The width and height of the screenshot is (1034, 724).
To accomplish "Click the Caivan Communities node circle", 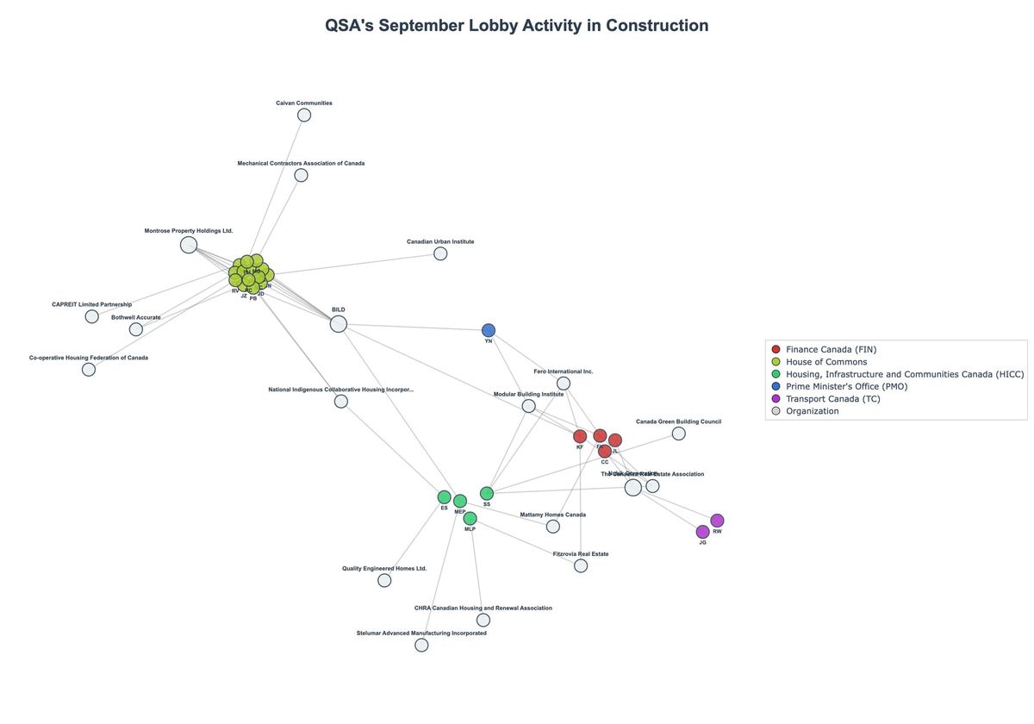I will tap(304, 115).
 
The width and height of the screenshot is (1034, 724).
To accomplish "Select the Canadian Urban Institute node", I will tap(440, 253).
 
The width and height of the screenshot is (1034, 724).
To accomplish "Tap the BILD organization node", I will tap(339, 324).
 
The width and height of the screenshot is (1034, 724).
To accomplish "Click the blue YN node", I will tap(489, 330).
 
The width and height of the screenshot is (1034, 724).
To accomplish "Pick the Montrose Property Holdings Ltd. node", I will tap(189, 245).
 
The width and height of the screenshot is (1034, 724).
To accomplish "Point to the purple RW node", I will tap(717, 521).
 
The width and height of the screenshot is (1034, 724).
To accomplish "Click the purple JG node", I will tap(703, 532).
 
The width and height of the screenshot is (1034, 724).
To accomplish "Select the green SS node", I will tap(487, 493).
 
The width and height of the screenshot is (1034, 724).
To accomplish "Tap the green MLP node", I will tap(470, 518).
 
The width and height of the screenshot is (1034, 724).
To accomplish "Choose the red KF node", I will tap(580, 436).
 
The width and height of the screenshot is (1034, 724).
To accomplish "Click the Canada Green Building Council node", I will tap(679, 434).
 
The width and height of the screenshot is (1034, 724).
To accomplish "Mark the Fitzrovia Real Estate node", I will tap(581, 565).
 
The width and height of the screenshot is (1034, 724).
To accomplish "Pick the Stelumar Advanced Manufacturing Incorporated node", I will tap(421, 645).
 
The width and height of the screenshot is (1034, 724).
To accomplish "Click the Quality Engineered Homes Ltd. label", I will tap(384, 569).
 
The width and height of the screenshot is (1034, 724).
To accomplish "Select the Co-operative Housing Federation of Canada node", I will tap(89, 370).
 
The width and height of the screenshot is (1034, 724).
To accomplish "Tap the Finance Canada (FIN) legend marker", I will tap(775, 350).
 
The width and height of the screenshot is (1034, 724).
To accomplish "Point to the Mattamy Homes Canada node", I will tap(553, 527).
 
